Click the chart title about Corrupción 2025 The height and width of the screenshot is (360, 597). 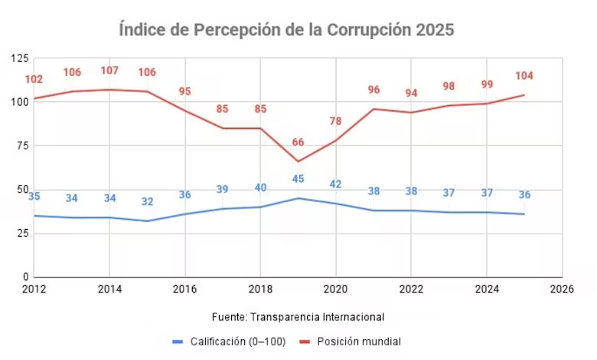coord(286,31)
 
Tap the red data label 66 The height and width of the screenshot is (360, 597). coord(298,142)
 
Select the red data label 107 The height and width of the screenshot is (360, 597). coord(109,70)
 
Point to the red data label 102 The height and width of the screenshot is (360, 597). coord(34,79)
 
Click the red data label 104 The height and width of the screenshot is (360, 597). coord(524,76)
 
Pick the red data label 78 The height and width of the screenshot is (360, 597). coord(335,121)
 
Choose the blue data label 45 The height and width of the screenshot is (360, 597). coord(298,180)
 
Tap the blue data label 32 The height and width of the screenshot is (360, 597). coord(147,202)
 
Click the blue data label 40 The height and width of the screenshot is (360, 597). coord(260,188)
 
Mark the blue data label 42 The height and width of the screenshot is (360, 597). coord(335,184)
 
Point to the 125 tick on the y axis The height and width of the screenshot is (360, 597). coord(20,58)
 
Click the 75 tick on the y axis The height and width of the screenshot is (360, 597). coord(23,146)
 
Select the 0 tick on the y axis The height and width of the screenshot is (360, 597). coord(26,277)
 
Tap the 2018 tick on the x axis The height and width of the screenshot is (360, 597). coord(260,289)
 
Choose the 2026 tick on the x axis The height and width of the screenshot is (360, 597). coord(562,289)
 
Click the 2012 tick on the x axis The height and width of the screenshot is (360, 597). coord(34,289)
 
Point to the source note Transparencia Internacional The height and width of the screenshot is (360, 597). coord(298,316)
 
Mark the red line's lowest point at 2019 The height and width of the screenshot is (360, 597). coord(298,162)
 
